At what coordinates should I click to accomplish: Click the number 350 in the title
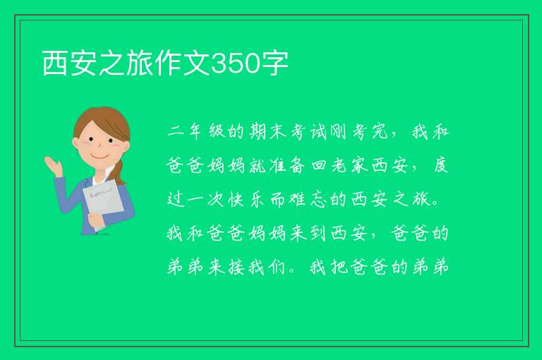point(236,64)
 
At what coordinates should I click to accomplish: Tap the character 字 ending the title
point(275,64)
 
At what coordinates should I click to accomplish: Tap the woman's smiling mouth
point(100,157)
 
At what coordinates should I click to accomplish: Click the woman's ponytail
point(120,172)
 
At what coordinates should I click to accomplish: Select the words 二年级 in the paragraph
point(196,131)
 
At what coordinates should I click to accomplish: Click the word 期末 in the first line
point(267,131)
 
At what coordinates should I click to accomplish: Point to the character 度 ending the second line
point(440,166)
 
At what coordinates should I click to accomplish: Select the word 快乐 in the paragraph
point(246,200)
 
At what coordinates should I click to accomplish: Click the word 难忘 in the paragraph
point(308,200)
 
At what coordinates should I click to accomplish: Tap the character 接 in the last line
point(236,268)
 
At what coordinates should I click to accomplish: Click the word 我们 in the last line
point(267,268)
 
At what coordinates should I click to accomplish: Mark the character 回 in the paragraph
point(319,166)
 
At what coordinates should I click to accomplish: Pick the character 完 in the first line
point(380,131)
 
